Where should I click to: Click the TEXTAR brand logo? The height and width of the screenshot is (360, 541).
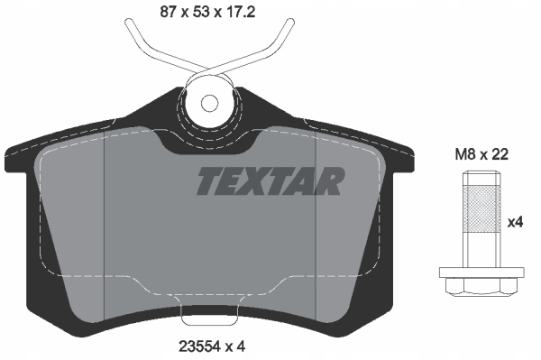[x=270, y=181]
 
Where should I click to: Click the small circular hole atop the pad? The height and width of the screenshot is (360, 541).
[x=209, y=102]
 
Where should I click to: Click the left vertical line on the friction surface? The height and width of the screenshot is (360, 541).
[x=106, y=226]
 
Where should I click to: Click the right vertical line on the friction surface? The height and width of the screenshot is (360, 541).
[x=313, y=226]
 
